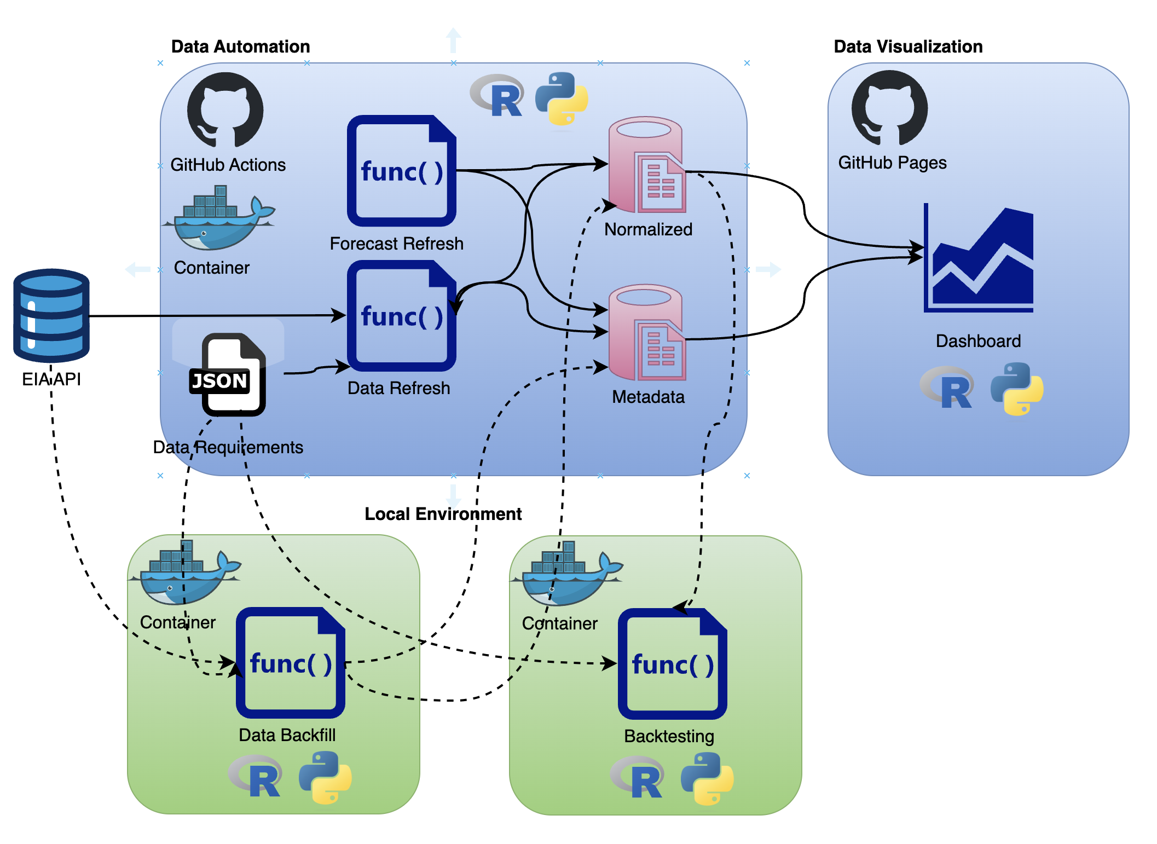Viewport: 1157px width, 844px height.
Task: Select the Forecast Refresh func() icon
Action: [x=401, y=171]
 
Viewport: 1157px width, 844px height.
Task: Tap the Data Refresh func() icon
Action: [x=401, y=316]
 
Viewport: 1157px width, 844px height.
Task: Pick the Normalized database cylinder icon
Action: [x=646, y=165]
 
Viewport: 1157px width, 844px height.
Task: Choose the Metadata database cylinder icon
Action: [x=646, y=332]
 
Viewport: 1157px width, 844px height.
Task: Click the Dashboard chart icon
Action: [x=978, y=258]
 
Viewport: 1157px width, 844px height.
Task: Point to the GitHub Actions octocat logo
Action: [x=225, y=110]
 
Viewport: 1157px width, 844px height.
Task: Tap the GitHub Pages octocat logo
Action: [x=889, y=108]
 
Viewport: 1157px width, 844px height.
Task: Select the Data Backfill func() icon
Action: [x=290, y=663]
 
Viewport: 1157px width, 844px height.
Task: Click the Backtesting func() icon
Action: [x=672, y=664]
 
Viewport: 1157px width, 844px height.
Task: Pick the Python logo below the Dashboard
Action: [x=1017, y=389]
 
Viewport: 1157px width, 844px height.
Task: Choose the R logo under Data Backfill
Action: [x=256, y=776]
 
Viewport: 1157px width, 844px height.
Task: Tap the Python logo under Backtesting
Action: [x=707, y=778]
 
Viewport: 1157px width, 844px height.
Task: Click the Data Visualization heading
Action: [x=908, y=47]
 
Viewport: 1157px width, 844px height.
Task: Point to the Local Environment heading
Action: [x=443, y=514]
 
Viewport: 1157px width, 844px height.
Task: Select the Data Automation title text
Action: [x=240, y=47]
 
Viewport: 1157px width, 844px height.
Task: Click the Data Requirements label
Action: [x=228, y=447]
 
